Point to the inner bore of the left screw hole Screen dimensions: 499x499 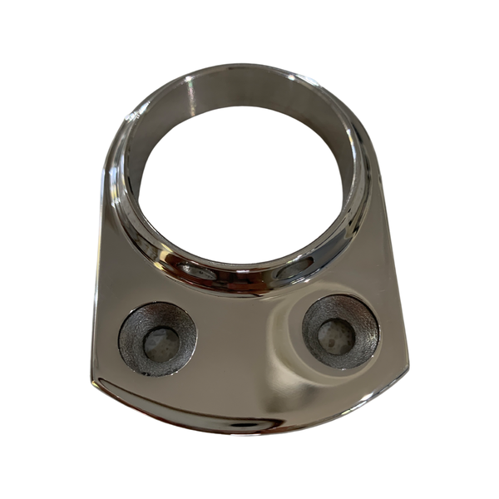(x=161, y=342)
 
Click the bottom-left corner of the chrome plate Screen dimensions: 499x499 (x=93, y=384)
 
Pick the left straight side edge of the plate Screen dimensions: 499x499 (x=98, y=274)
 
